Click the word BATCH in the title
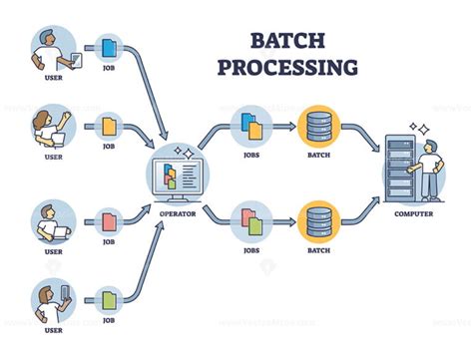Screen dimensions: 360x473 [x=289, y=39]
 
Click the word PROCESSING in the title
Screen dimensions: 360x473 [x=289, y=67]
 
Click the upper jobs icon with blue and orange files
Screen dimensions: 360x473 [x=250, y=127]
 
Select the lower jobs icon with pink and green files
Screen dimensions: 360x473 [x=250, y=219]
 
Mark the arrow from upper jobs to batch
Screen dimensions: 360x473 [x=284, y=127]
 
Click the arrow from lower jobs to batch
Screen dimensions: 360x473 [x=284, y=219]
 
